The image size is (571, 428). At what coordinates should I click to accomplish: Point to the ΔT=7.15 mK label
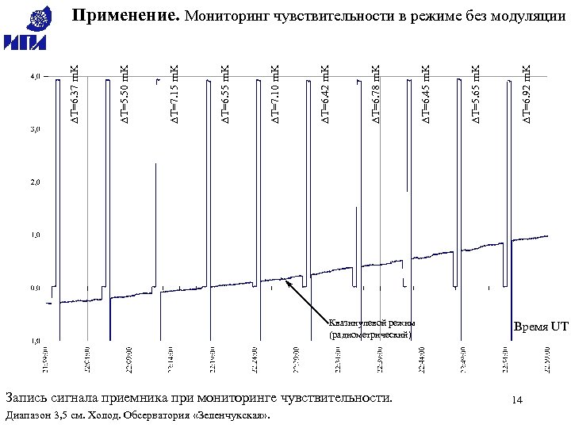coord(174,95)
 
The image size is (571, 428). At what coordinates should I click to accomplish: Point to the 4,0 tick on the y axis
coord(36,78)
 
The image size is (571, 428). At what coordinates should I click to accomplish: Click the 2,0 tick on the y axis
coord(36,182)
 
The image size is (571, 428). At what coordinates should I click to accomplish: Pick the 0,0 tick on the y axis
coord(36,288)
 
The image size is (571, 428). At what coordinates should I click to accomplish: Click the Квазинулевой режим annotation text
coord(371,323)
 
